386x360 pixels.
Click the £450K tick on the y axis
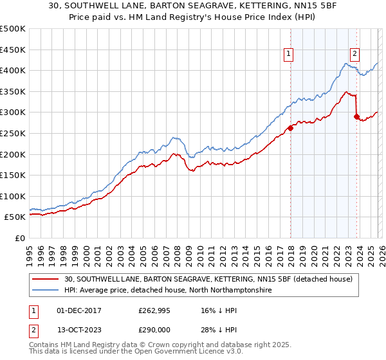[x=13, y=50]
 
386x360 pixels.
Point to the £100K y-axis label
[x=13, y=196]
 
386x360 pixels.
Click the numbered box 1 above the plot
[x=289, y=55]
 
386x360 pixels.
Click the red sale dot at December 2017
[x=290, y=128]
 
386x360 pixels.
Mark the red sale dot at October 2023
[x=356, y=116]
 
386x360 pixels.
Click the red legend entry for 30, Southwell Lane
[x=208, y=279]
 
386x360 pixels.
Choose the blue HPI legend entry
[x=168, y=291]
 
